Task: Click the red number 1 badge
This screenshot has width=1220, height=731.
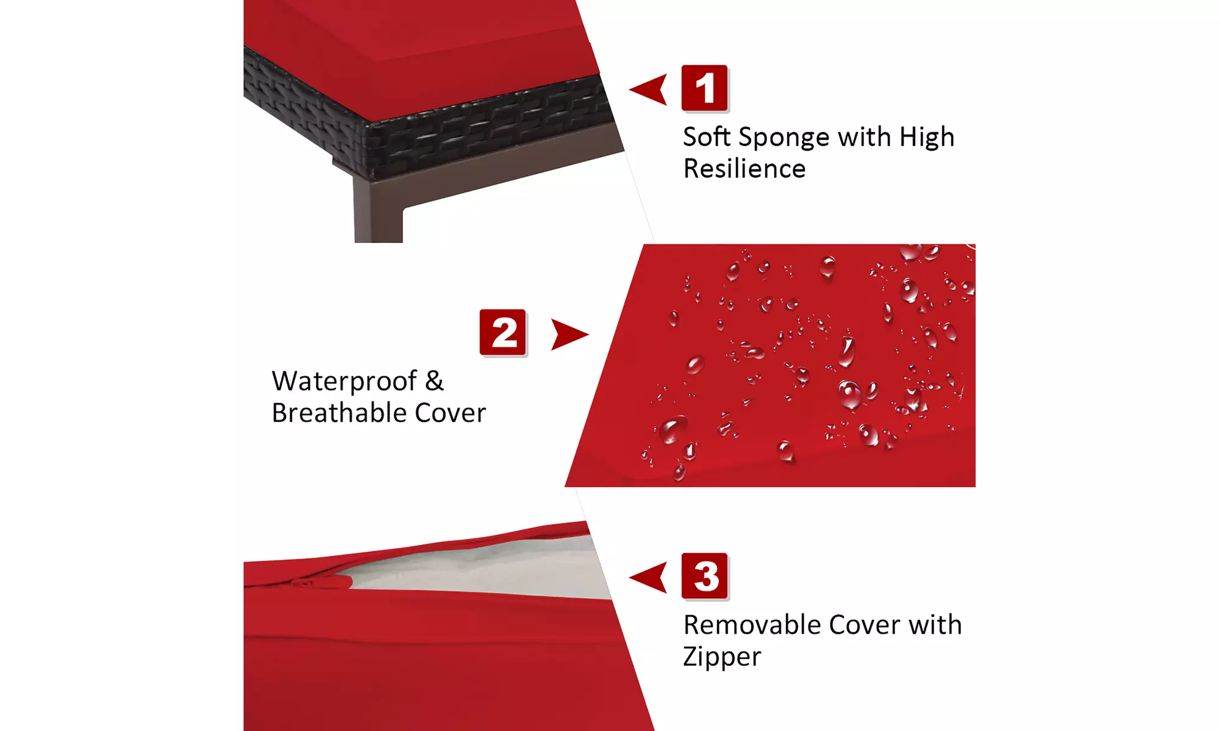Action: pos(705,88)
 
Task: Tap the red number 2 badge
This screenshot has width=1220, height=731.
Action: pos(503,333)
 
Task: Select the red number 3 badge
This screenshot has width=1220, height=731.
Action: pos(705,576)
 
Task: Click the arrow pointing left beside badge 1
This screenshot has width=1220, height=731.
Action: pos(648,90)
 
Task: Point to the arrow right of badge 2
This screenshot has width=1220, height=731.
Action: pos(569,334)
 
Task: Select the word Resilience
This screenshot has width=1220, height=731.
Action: pos(744,169)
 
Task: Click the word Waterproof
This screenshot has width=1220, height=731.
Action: pos(344,382)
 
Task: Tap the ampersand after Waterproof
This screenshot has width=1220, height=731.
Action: pos(434,381)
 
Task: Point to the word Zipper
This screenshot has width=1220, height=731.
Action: pos(722,657)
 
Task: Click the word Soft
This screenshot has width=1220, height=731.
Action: pos(707,136)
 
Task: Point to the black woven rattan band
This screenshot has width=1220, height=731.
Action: pos(427,119)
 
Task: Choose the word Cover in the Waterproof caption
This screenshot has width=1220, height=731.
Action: pos(451,412)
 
